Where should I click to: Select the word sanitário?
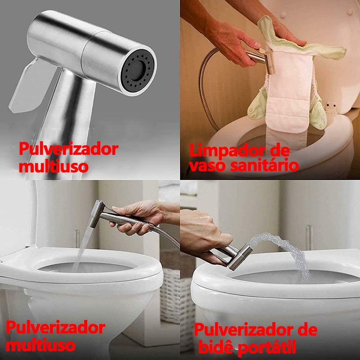point(265,165)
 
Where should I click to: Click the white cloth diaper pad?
point(290,92)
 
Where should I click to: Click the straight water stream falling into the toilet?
point(83,248)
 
